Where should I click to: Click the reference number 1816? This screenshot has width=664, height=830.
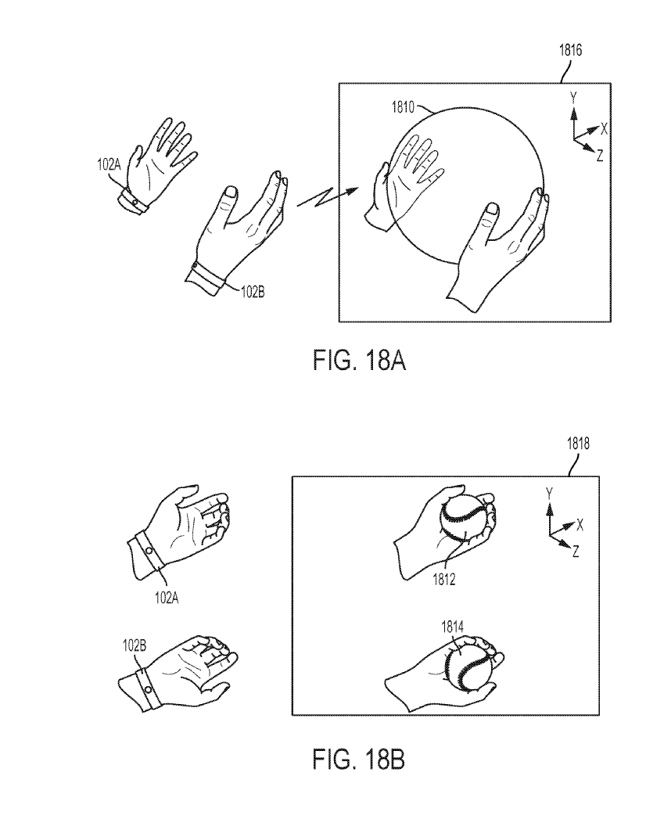[570, 50]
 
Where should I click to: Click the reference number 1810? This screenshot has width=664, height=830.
[403, 107]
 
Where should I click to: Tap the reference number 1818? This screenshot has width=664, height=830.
[578, 444]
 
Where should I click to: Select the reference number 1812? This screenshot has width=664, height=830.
[444, 580]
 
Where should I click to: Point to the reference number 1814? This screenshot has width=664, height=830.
[452, 627]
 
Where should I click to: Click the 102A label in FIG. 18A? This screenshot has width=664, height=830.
[109, 164]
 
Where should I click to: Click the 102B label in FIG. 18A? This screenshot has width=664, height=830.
[253, 292]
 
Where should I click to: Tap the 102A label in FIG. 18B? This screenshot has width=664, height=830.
[166, 598]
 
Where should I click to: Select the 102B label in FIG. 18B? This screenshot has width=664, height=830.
[135, 645]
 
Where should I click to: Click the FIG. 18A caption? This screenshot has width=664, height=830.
[359, 361]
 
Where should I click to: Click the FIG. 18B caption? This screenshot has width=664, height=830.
[359, 760]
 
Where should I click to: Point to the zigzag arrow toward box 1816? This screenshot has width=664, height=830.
[328, 197]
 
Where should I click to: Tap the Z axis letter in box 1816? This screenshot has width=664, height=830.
[599, 156]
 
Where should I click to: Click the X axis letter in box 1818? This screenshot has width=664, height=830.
[580, 525]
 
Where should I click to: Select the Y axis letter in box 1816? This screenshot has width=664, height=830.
[573, 98]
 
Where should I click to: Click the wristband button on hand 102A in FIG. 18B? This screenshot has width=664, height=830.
[149, 551]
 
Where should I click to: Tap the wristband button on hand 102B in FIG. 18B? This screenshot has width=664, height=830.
[148, 689]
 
